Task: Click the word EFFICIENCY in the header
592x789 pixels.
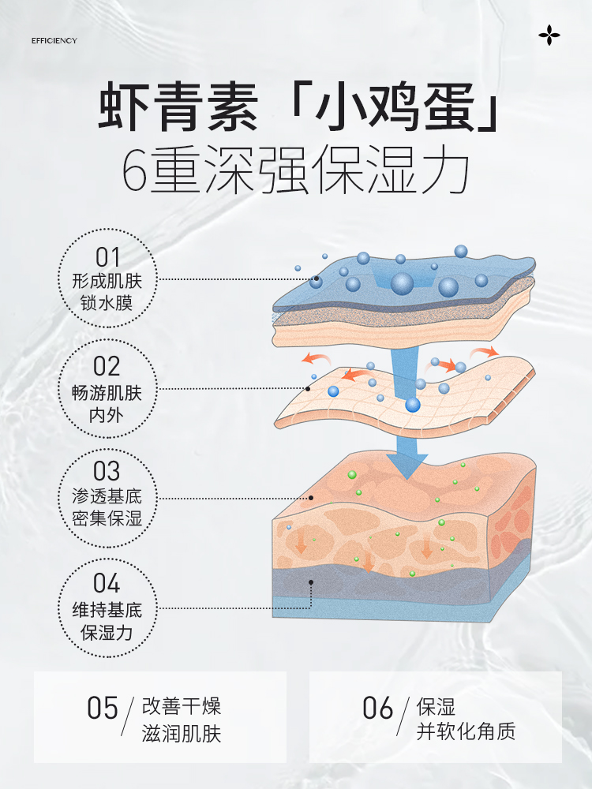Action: (54, 41)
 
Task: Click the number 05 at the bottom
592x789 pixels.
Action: (103, 708)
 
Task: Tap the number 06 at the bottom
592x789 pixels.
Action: (378, 708)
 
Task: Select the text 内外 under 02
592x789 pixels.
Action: (108, 413)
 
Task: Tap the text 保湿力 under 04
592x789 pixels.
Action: (108, 632)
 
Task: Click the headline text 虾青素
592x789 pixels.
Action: (178, 110)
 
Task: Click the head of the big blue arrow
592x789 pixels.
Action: (407, 466)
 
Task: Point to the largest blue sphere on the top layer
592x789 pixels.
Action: (403, 283)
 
